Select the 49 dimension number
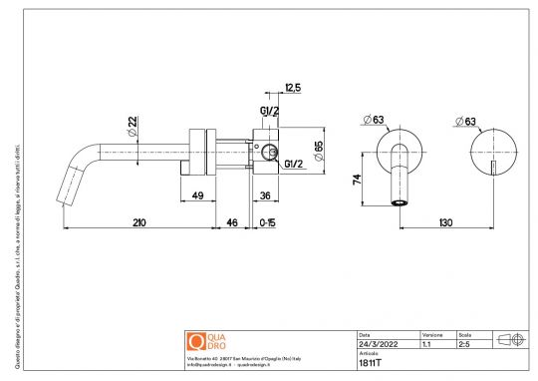[198, 194]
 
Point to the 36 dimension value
[266, 194]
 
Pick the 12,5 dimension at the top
[293, 88]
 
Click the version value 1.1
[426, 344]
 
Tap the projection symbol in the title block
[510, 339]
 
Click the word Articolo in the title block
[369, 354]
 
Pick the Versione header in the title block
[432, 334]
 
